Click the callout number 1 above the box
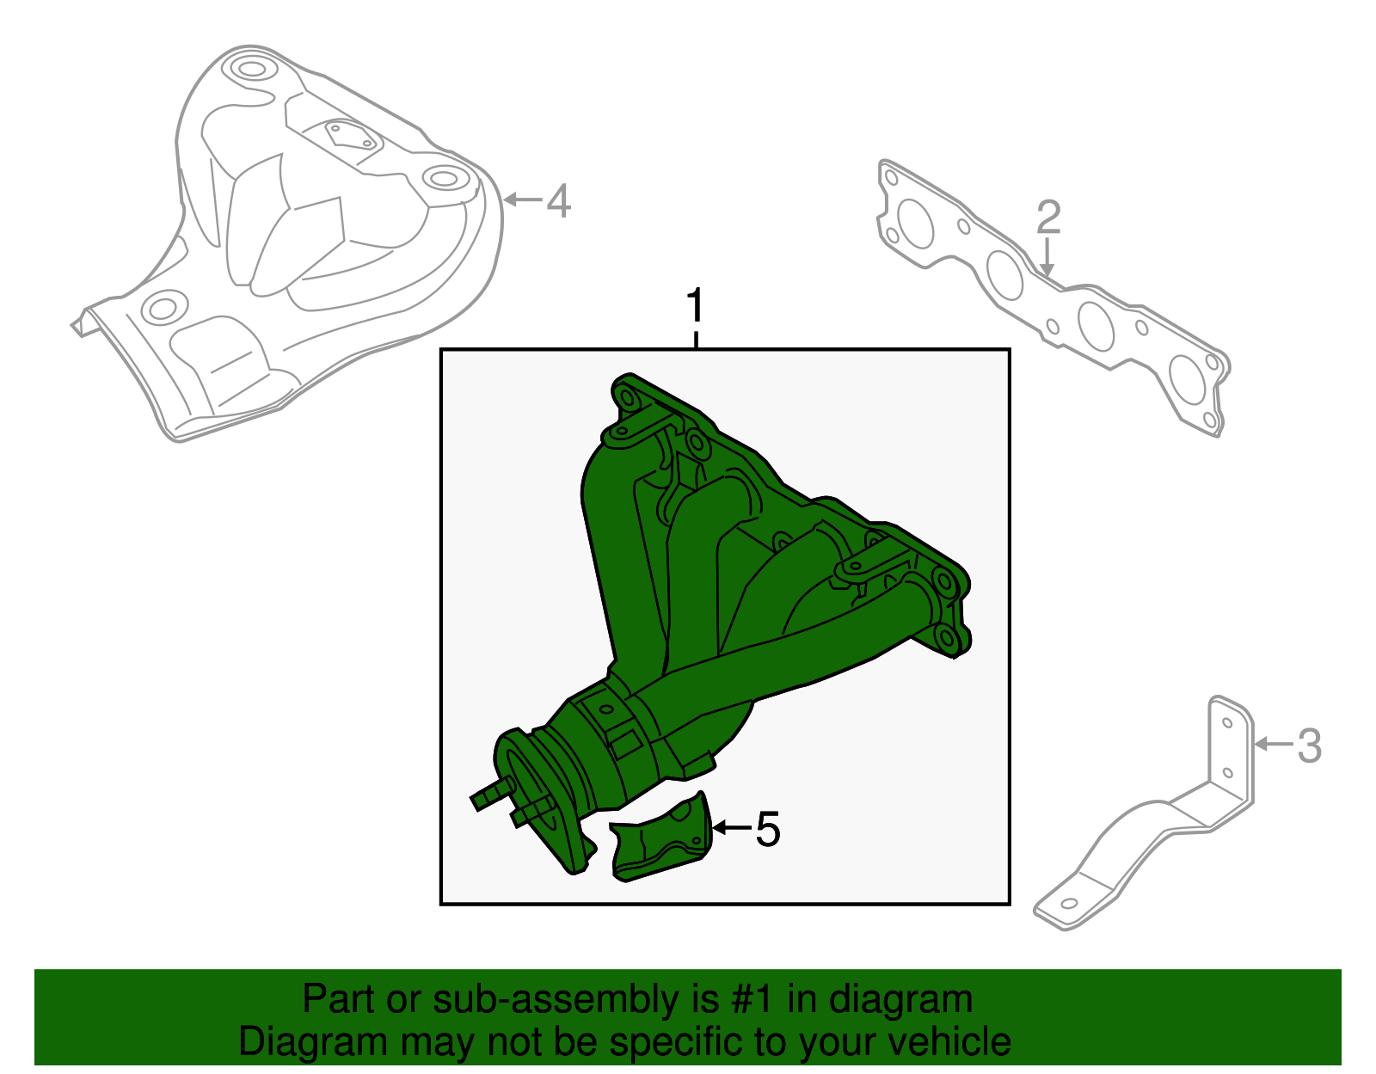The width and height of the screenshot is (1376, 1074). [695, 307]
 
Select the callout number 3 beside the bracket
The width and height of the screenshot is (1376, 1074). [1308, 746]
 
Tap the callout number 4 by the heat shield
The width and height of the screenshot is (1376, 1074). [558, 201]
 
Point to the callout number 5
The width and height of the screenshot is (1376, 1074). [767, 830]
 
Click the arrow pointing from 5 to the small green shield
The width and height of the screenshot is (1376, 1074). [731, 828]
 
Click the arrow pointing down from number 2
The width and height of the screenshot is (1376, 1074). [1047, 258]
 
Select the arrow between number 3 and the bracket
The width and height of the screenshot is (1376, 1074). [1273, 744]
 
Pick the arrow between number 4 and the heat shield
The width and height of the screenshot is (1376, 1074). [523, 200]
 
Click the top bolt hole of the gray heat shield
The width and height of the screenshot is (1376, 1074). [249, 68]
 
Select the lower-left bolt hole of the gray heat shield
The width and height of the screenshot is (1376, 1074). [163, 308]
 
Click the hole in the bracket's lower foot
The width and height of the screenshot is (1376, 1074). [1069, 904]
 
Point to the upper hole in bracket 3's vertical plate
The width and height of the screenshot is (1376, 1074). [1228, 722]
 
